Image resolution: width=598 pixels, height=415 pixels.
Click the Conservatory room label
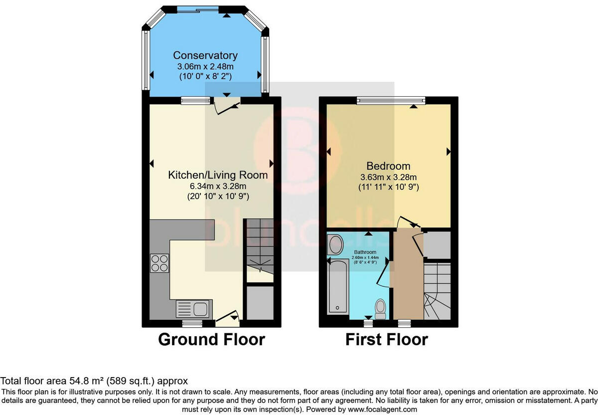205,55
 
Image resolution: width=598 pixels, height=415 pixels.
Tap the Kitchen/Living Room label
218,175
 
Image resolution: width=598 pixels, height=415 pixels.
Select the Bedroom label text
388,166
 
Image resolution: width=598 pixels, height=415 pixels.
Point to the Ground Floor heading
211,340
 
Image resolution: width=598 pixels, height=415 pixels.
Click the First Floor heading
387,340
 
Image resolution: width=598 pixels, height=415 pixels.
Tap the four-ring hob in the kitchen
159,263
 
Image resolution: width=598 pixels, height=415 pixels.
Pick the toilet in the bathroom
381,308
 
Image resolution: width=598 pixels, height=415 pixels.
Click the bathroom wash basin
335,245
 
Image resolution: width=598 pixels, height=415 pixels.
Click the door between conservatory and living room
227,106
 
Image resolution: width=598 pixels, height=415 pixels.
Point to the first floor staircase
437,292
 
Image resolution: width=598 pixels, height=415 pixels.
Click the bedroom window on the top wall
391,101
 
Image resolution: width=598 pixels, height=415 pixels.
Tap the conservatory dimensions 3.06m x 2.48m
205,66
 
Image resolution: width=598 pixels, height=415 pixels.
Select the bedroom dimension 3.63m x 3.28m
388,177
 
